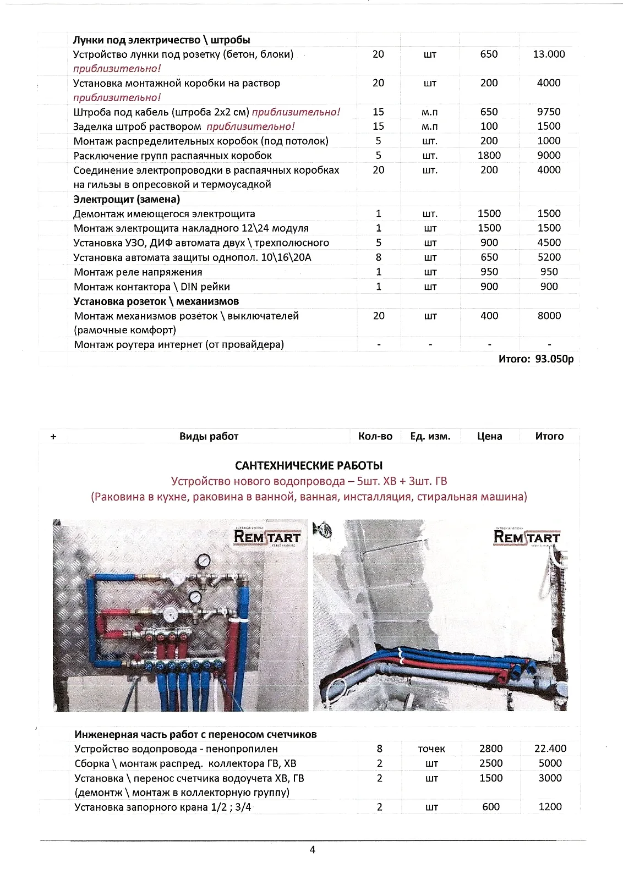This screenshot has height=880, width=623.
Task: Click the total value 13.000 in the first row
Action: coord(549,54)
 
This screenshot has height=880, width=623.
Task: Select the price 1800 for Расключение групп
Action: coord(489,156)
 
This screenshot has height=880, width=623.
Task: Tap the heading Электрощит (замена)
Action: coord(127,199)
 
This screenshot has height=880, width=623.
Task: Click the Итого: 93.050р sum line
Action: coord(535,359)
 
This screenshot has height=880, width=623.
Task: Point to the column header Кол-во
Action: coord(375,436)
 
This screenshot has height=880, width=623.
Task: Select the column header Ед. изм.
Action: coord(430,436)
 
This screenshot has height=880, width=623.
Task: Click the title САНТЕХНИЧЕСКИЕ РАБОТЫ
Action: coord(309,466)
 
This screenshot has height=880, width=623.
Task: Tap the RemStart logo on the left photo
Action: coord(267,536)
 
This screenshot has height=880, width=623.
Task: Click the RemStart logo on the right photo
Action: coord(527,536)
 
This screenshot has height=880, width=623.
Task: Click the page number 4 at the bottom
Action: coord(313,850)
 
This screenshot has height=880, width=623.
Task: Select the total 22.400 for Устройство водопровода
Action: coord(550,749)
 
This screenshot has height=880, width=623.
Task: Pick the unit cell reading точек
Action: coord(431,749)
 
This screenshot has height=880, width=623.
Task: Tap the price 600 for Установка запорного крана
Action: coord(490,807)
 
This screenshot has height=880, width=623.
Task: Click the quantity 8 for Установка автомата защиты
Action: coord(379,257)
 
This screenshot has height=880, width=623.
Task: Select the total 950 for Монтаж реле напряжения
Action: coord(549,272)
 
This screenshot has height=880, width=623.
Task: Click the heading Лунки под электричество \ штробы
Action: coord(162,40)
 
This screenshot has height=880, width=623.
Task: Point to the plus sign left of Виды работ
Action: coord(53,437)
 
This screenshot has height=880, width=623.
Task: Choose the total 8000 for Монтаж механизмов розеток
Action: coord(549,316)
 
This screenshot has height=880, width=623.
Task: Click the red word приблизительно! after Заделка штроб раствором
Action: coord(250,127)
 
